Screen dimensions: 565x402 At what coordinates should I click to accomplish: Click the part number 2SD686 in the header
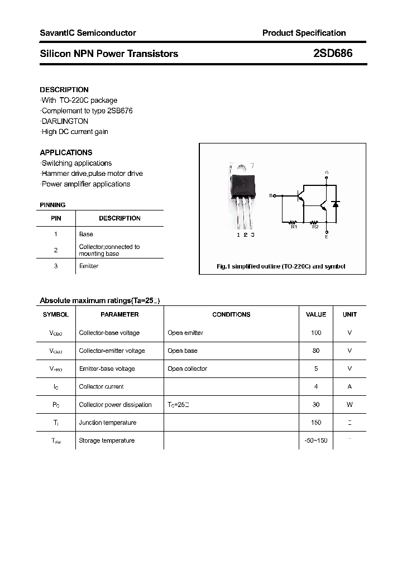tap(333, 54)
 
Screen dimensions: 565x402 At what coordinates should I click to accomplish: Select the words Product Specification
tap(304, 33)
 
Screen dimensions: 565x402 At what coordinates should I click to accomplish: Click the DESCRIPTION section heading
tap(64, 89)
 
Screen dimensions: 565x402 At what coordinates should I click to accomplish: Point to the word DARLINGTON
tap(65, 121)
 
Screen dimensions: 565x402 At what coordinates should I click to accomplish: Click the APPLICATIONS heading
tap(66, 152)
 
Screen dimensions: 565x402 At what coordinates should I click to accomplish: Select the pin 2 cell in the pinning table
tap(56, 250)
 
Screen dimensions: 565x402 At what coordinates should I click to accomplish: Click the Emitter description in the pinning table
tap(89, 266)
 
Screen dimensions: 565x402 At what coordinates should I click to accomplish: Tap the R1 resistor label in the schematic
tap(294, 227)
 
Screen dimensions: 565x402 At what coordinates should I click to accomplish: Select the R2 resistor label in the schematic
tap(315, 227)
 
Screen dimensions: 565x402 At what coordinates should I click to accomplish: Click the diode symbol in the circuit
tap(335, 204)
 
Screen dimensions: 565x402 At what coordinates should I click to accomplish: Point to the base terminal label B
tap(271, 195)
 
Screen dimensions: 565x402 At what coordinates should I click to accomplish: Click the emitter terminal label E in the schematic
tap(327, 237)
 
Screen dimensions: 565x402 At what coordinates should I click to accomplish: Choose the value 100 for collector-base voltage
tap(316, 333)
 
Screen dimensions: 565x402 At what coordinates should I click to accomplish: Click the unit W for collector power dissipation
tap(350, 405)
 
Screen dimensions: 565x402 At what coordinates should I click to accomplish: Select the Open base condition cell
tap(183, 351)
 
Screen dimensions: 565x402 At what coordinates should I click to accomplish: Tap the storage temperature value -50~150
tap(316, 441)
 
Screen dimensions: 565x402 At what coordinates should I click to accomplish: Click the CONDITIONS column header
tap(231, 314)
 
